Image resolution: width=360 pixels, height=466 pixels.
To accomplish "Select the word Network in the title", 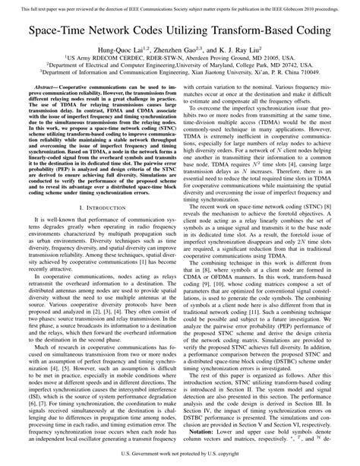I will coord(116,35).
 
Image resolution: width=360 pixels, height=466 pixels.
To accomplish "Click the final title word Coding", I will coord(317,35).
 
